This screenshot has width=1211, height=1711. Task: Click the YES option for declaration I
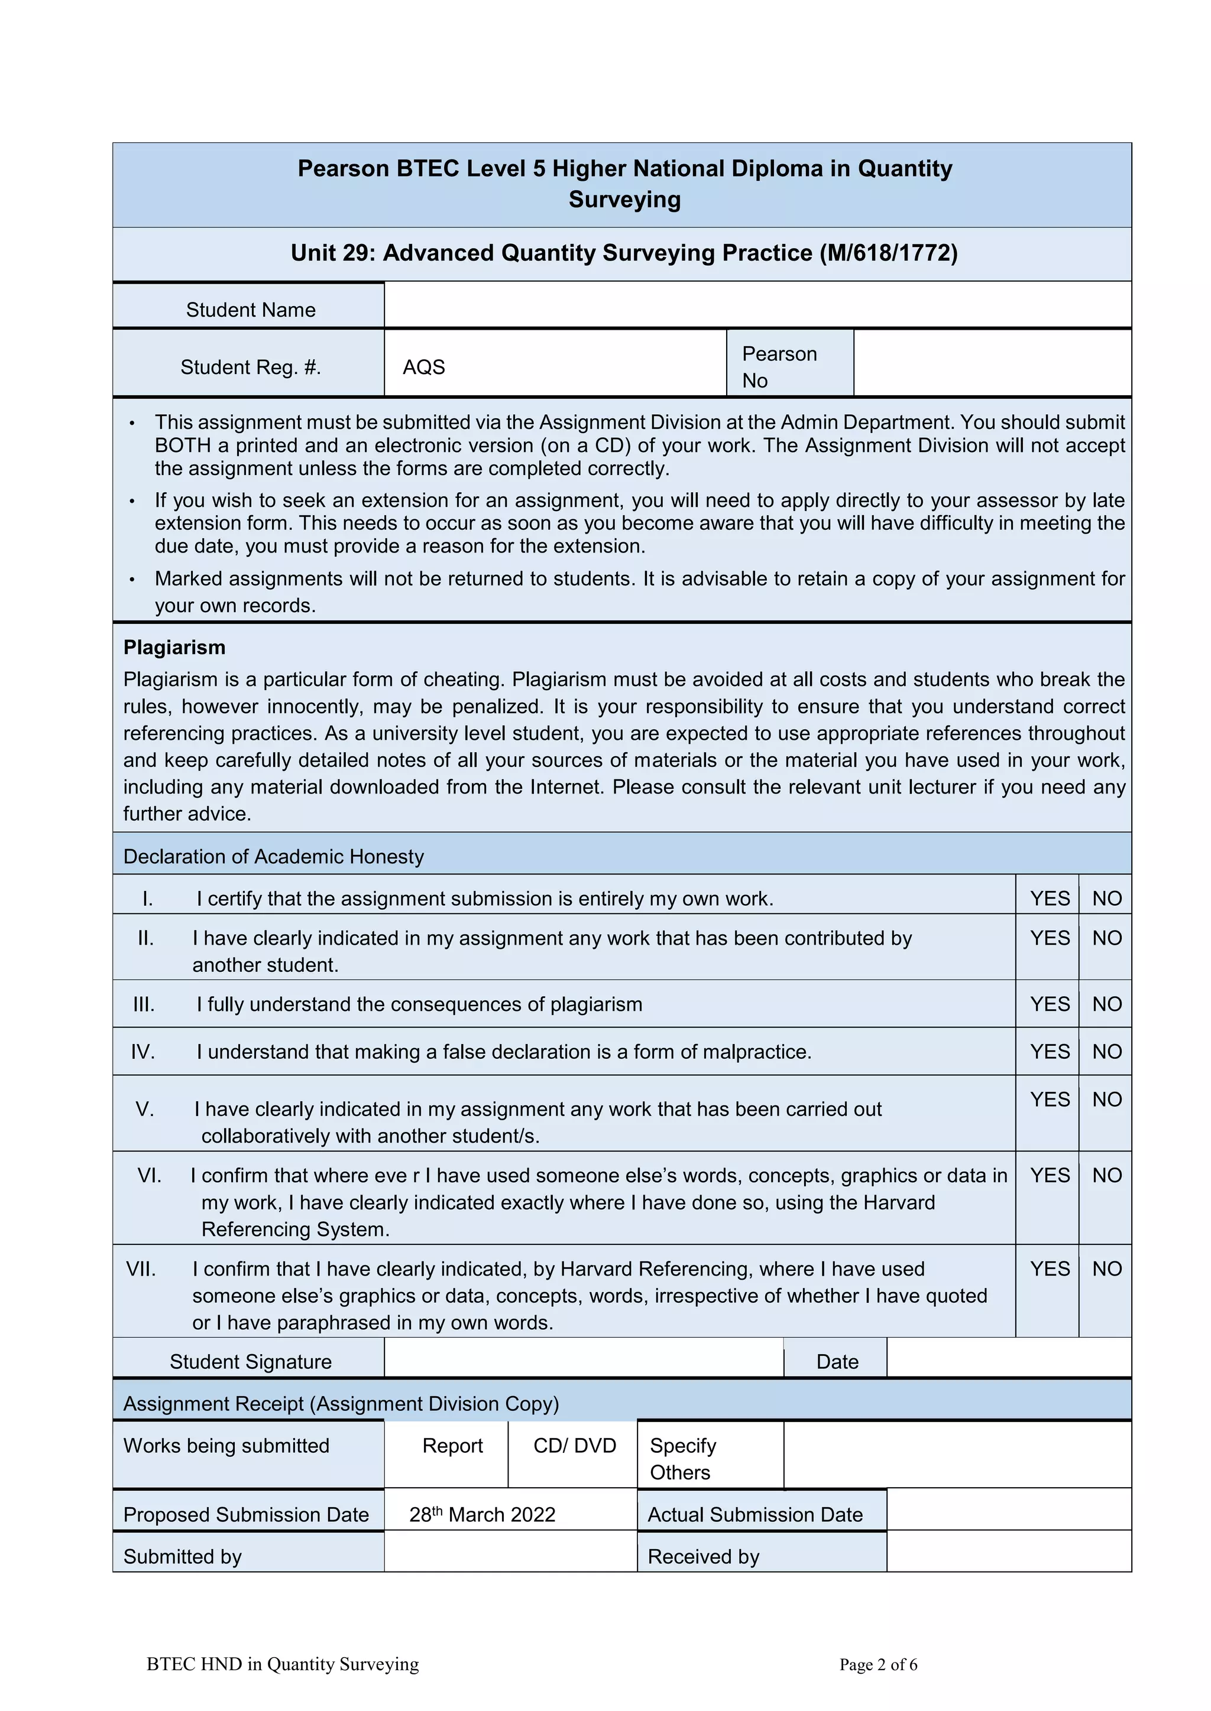pos(1050,899)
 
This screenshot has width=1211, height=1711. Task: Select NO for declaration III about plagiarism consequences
pos(1106,1004)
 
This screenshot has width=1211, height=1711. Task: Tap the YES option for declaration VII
pos(1050,1269)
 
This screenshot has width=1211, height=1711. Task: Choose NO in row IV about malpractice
pos(1106,1052)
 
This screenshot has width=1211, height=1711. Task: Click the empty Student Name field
pos(757,305)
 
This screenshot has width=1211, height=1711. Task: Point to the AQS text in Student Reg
pos(423,367)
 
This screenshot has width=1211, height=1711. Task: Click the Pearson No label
pos(779,367)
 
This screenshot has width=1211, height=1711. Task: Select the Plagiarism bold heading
pos(174,648)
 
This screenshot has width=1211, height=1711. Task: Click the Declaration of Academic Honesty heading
pos(273,857)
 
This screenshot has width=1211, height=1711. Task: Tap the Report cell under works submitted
pos(452,1446)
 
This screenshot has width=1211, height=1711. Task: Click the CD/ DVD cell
pos(574,1446)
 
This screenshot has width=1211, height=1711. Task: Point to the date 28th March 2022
pos(483,1515)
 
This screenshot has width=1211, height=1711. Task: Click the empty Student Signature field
pos(583,1358)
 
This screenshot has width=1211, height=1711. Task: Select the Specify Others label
pos(682,1459)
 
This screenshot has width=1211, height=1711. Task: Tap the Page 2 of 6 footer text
pos(878,1665)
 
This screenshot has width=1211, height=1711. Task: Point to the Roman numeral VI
pos(149,1176)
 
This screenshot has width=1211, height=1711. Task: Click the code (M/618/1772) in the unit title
pos(888,253)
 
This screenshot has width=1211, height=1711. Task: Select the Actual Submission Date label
pos(755,1515)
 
